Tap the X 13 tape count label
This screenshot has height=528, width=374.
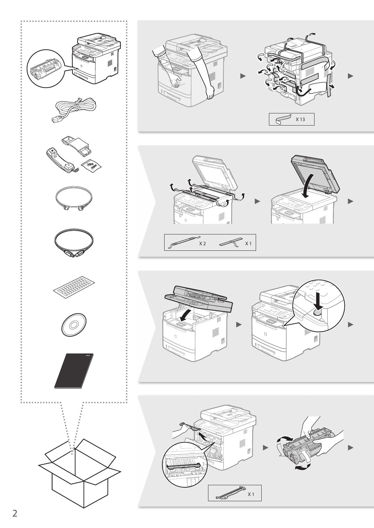point(300,120)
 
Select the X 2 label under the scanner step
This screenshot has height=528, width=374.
point(202,243)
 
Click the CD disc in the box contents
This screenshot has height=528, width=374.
point(74,325)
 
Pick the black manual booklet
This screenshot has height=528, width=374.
point(74,371)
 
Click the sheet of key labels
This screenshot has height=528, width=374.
point(74,286)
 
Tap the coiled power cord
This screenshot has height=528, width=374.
point(73,110)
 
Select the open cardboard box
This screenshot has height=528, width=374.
point(80,481)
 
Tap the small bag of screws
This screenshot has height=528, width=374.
point(91,166)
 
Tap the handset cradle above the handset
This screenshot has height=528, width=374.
point(75,146)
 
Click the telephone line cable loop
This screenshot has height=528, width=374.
point(73,199)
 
